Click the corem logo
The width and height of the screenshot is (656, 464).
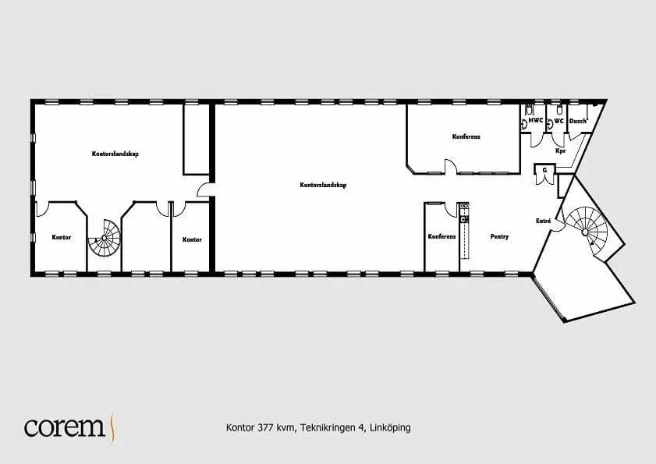click(x=69, y=427)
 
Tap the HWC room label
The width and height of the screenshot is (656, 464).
click(x=536, y=121)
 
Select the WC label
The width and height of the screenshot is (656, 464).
click(x=559, y=121)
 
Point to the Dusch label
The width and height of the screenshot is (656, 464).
click(x=578, y=121)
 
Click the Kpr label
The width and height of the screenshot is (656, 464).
click(x=560, y=151)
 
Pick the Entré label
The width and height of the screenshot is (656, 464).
click(x=544, y=221)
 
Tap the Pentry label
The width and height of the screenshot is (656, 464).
click(x=499, y=237)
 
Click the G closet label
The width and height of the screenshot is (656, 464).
click(x=544, y=170)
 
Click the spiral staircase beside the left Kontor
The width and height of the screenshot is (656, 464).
click(x=105, y=238)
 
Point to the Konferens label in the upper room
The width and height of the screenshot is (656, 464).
click(x=466, y=136)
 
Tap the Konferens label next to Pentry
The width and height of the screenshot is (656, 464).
click(x=441, y=236)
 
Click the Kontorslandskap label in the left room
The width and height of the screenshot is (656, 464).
click(x=115, y=154)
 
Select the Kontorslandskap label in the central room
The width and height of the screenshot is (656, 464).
click(x=323, y=185)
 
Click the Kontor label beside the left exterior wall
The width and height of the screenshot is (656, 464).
click(x=61, y=237)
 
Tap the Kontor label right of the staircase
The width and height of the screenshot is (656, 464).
click(x=192, y=239)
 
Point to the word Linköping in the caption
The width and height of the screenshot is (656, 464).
click(x=390, y=428)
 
